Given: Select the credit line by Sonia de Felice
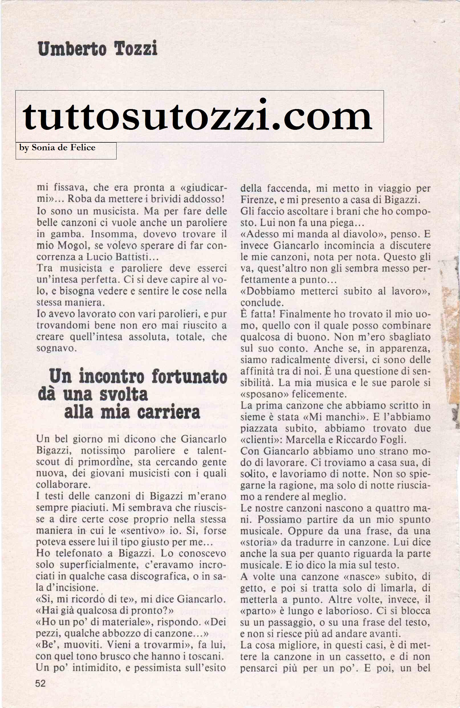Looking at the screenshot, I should pos(57,147).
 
